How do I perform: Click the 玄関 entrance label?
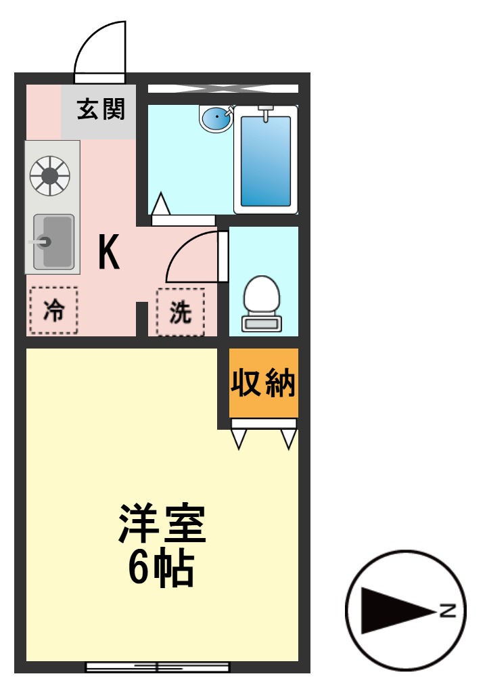tap(101, 109)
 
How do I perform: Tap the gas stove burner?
tap(49, 175)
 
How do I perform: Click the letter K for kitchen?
tap(109, 252)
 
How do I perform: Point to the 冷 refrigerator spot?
tap(53, 311)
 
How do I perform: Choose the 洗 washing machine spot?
tap(180, 311)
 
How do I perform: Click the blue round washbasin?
tap(216, 119)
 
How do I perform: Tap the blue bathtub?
tap(266, 161)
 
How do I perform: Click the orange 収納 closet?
tap(263, 383)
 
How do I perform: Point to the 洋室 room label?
tap(162, 524)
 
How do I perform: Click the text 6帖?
tap(162, 569)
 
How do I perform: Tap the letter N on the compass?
tap(447, 610)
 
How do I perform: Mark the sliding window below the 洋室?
tap(158, 667)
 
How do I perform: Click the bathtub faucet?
tap(266, 112)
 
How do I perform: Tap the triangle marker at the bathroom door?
tap(160, 203)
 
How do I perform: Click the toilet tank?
tap(262, 324)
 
